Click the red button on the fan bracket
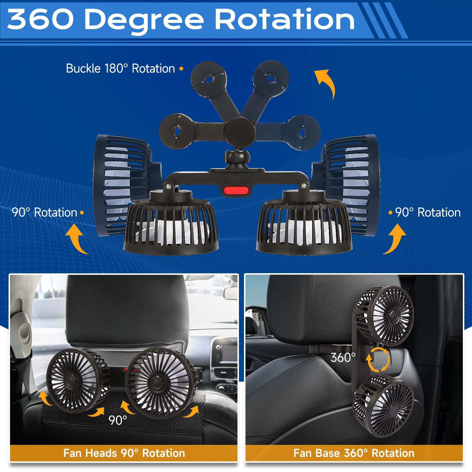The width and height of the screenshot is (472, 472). (x=236, y=190)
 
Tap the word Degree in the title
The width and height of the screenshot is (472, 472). (x=144, y=20)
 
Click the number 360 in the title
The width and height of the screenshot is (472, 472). (x=40, y=19)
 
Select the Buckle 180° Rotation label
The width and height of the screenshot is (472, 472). (x=120, y=68)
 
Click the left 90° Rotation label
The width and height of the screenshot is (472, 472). (x=44, y=212)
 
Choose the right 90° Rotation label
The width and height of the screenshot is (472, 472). (x=428, y=212)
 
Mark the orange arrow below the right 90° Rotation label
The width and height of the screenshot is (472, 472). (x=395, y=238)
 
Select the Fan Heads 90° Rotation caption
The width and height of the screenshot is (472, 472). (x=124, y=453)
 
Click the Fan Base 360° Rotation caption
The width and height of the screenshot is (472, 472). (x=354, y=453)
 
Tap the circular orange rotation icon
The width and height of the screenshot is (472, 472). (x=378, y=359)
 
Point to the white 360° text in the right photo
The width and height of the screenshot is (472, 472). (x=343, y=358)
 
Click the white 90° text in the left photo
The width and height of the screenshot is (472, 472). (x=117, y=420)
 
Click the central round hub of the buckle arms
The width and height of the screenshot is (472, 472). (x=239, y=131)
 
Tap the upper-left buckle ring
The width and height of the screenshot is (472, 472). (x=208, y=79)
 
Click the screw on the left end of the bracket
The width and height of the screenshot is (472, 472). (x=169, y=186)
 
